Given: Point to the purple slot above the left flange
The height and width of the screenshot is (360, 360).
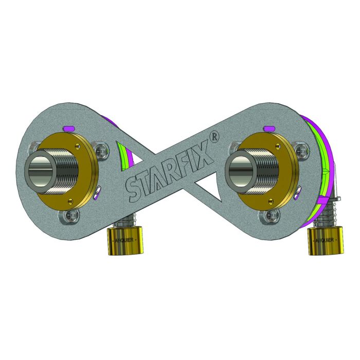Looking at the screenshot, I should [68, 129].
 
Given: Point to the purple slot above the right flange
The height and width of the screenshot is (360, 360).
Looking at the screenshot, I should [267, 128].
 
